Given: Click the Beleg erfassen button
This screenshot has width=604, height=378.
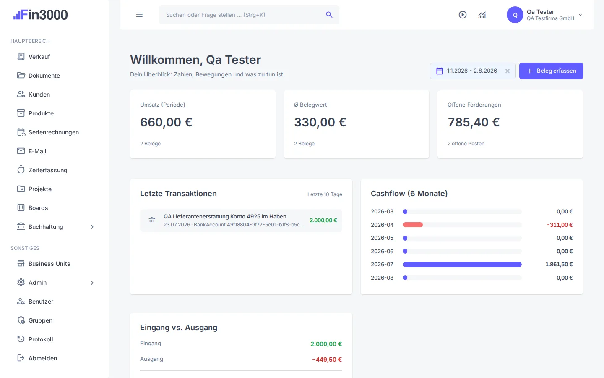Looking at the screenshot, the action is click(551, 71).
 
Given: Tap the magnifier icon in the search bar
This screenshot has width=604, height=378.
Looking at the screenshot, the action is click(329, 15).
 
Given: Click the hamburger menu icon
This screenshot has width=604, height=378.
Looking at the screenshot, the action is click(139, 15).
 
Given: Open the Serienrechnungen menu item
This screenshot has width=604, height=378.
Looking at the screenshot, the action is click(54, 132).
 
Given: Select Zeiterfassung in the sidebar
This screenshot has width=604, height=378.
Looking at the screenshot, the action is click(48, 170).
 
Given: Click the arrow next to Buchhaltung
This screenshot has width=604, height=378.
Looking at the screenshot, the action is click(92, 227).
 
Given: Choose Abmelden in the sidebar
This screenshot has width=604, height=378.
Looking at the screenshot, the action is click(43, 358).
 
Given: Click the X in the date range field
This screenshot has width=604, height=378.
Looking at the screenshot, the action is click(508, 71).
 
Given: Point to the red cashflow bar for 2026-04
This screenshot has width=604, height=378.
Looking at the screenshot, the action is click(413, 225).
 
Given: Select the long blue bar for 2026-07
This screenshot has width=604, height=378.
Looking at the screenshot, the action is click(462, 265).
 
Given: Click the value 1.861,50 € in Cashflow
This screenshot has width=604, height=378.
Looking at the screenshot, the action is click(559, 264).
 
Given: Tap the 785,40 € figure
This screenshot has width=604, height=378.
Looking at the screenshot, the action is click(474, 122).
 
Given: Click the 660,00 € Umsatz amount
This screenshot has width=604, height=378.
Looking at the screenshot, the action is click(166, 122).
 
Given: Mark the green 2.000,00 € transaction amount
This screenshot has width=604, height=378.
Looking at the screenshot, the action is click(323, 220).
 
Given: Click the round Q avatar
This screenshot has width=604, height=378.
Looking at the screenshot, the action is click(515, 15).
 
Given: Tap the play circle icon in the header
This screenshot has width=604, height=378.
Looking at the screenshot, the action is click(462, 15).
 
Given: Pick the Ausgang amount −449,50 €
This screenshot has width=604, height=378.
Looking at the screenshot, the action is click(327, 360).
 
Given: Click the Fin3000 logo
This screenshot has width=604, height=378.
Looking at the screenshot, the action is click(40, 15).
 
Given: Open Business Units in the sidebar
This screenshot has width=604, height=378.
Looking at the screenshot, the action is click(49, 264).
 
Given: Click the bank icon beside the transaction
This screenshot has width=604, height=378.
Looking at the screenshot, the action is click(152, 220).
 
